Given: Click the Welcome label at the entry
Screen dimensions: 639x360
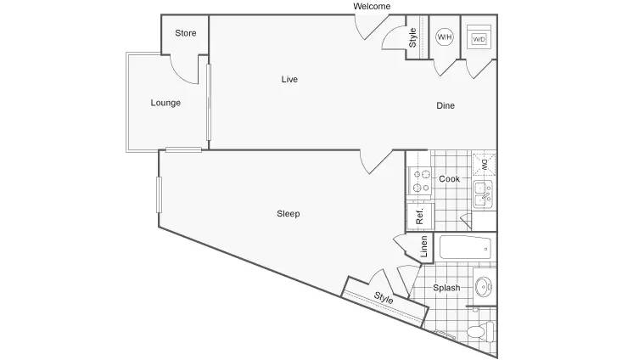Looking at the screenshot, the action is [x=372, y=6].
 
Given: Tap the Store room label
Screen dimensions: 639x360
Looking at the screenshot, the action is [x=186, y=33].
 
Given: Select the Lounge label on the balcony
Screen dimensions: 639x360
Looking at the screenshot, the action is [x=165, y=103].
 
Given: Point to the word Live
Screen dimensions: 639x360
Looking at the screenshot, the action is [x=289, y=79].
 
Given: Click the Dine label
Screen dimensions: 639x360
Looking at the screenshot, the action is [x=446, y=105].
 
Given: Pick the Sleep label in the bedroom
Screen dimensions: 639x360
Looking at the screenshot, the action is [x=289, y=214].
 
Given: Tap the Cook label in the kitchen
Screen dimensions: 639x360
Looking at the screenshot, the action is [x=449, y=179].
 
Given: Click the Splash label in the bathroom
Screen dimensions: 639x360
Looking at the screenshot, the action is [x=446, y=288].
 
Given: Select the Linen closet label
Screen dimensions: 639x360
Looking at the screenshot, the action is [x=423, y=247].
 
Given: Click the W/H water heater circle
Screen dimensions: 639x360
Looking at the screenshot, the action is [x=444, y=37].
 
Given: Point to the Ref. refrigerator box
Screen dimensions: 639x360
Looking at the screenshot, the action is [x=420, y=216].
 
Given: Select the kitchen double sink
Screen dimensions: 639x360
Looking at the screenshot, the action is [x=484, y=195].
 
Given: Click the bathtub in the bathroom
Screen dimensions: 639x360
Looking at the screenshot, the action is [x=465, y=247].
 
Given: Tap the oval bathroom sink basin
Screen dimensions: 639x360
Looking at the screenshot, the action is [x=484, y=287].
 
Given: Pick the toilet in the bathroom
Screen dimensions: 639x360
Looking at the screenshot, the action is [x=481, y=331].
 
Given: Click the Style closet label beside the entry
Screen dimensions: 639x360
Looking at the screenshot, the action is [x=412, y=37].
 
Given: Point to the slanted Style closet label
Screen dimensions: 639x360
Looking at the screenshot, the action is [x=384, y=298].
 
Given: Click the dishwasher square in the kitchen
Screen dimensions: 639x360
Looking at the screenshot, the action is [x=485, y=165].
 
